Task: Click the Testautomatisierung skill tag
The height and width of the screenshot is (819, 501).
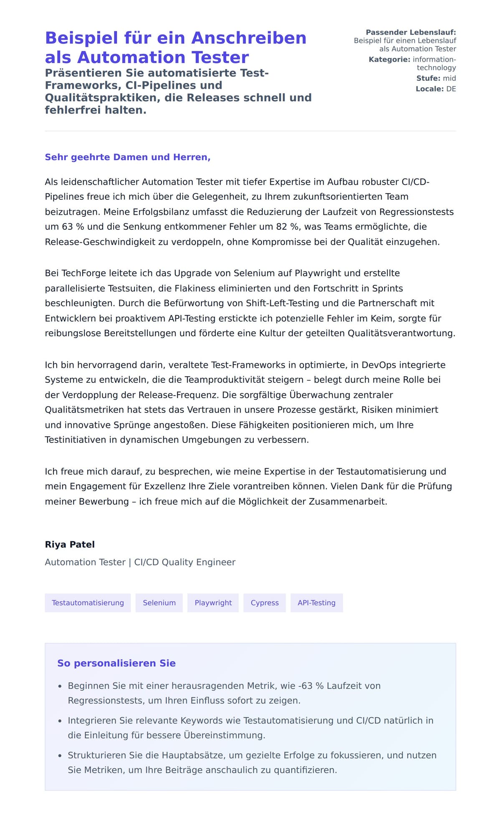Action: (88, 603)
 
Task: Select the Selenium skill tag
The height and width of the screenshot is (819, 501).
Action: (159, 603)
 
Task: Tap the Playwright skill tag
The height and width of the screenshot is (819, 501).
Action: (213, 603)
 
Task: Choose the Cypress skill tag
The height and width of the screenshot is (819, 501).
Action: (265, 603)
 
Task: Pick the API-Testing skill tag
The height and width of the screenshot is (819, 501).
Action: (316, 603)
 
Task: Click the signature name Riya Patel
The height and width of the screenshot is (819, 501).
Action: (70, 544)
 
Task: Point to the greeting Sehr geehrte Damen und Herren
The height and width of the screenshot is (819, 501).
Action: (127, 157)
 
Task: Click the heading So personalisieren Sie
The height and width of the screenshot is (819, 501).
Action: (116, 663)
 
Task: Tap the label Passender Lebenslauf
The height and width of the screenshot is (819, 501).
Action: (411, 33)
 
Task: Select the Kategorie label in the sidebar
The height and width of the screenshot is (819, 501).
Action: (389, 60)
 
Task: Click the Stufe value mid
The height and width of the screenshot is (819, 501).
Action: (449, 78)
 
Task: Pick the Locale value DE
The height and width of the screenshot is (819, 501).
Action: (451, 89)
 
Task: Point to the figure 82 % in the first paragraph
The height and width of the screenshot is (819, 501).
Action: (287, 227)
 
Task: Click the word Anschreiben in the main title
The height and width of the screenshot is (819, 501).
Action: (249, 38)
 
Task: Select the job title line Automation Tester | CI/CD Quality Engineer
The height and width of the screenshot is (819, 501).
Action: (140, 562)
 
